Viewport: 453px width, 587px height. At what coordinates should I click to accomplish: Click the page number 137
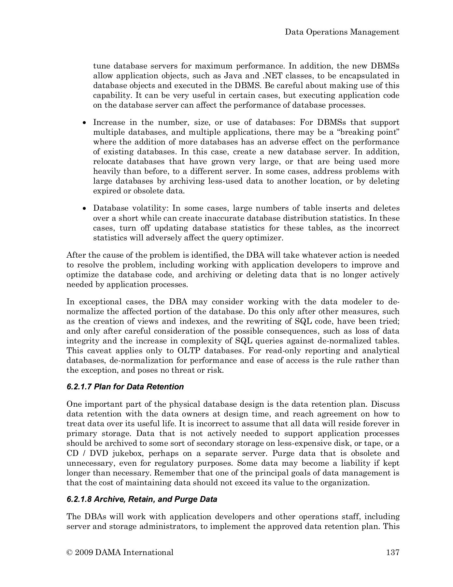coord(392,552)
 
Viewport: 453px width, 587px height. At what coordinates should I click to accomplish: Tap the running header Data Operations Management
coord(342,32)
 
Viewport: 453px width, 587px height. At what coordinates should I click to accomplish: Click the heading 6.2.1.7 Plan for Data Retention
coord(125,387)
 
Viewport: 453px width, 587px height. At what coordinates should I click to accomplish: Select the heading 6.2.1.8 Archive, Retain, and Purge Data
coord(142,499)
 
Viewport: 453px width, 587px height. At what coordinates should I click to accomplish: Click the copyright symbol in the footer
coord(69,552)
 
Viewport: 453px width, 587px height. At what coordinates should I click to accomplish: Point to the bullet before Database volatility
coord(85,208)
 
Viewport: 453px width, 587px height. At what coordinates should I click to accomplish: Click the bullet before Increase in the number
coord(85,123)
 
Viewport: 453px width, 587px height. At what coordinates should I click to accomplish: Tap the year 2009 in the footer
coord(84,552)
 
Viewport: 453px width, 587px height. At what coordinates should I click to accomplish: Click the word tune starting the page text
coord(101,66)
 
